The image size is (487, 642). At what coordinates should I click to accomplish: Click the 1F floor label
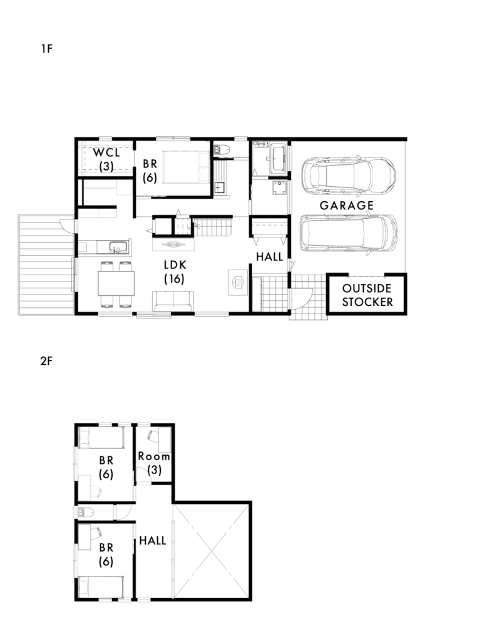pyautogui.click(x=47, y=49)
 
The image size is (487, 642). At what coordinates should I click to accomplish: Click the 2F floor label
pyautogui.click(x=46, y=360)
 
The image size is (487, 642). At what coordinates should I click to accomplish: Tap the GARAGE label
pyautogui.click(x=347, y=206)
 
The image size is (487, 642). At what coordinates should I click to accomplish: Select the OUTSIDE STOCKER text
pyautogui.click(x=367, y=295)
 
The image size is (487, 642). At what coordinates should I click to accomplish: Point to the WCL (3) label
pyautogui.click(x=106, y=159)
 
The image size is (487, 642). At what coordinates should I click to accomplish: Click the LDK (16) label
pyautogui.click(x=175, y=271)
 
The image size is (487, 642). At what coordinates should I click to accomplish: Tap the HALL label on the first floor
pyautogui.click(x=269, y=257)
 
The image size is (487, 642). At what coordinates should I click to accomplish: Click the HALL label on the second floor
pyautogui.click(x=153, y=540)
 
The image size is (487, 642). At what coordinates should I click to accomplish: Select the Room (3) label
pyautogui.click(x=154, y=463)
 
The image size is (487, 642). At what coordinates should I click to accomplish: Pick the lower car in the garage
pyautogui.click(x=349, y=233)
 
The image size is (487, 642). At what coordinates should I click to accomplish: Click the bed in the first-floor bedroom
pyautogui.click(x=187, y=167)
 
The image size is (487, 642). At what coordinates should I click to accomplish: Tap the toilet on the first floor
pyautogui.click(x=222, y=149)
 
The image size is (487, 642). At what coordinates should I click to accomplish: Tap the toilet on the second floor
pyautogui.click(x=86, y=512)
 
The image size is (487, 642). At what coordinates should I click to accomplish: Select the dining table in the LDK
pyautogui.click(x=116, y=283)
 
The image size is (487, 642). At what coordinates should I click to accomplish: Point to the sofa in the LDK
pyautogui.click(x=173, y=301)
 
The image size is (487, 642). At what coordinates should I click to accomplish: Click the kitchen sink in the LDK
pyautogui.click(x=118, y=248)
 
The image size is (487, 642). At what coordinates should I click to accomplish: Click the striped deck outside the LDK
pyautogui.click(x=46, y=265)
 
